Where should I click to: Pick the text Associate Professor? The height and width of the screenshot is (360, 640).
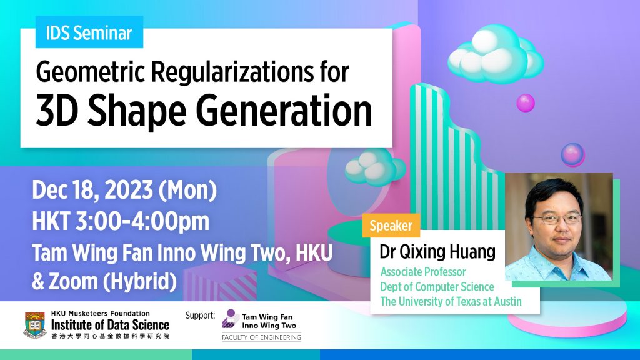point(423,272)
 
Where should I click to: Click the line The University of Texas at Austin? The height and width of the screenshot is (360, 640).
point(451,301)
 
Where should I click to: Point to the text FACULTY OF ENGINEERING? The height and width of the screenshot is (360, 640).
point(261,338)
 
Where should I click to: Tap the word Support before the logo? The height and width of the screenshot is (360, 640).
point(200,316)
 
